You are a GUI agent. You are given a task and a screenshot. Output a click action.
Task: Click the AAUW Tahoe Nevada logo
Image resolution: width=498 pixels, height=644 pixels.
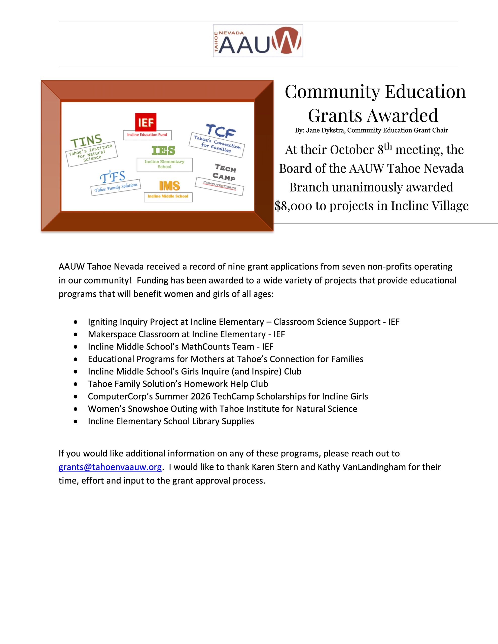pos(258,41)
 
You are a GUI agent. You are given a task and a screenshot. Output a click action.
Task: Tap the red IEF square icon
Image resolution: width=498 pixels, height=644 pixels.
pos(146,122)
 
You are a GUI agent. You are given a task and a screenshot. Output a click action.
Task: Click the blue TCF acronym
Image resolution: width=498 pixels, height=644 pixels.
pos(221,131)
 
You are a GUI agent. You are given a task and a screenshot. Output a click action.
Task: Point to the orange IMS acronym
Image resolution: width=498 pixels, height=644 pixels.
pos(169,186)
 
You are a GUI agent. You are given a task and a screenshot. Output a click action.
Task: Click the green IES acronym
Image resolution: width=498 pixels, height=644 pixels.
pos(163,151)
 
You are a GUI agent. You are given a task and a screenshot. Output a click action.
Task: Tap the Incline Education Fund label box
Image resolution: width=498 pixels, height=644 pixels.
pos(147,135)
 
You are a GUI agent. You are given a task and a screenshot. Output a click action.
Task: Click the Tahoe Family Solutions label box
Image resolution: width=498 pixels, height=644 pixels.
pos(116,187)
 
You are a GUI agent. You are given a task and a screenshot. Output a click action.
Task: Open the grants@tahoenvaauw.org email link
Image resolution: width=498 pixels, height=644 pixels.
pos(110,467)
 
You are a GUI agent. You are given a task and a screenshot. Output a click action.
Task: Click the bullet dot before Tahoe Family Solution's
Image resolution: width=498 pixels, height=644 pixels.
pos(76,384)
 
